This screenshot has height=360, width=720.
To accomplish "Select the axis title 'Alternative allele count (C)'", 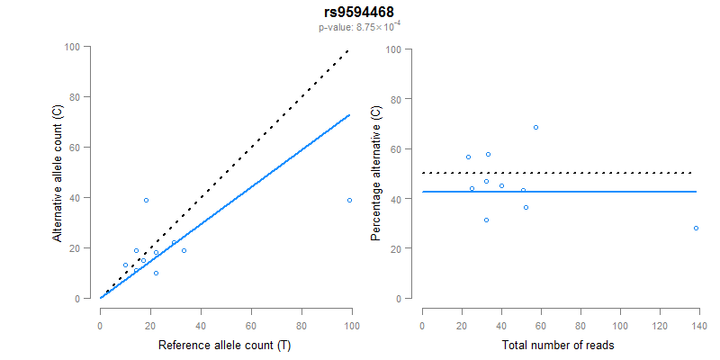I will [x=58, y=174].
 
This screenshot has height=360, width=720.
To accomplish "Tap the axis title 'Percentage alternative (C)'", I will [x=375, y=174].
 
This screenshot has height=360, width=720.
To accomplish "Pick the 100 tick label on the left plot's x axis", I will [x=352, y=325].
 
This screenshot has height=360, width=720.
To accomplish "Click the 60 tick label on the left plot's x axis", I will [x=251, y=325].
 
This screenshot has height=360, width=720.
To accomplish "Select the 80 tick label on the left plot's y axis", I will [x=85, y=97].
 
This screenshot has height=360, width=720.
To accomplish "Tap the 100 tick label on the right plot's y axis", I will [x=392, y=49].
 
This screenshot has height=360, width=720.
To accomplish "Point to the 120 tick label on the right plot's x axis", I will [x=658, y=325].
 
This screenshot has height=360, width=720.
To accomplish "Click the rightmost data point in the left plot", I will [x=349, y=200].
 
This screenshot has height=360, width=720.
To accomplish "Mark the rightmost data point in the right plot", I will [x=696, y=228].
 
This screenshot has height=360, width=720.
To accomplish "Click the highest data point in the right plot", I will [x=535, y=127].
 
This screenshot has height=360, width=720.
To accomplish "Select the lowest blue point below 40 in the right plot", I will [x=486, y=220].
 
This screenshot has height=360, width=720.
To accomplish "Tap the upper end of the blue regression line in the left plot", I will [x=350, y=114].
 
